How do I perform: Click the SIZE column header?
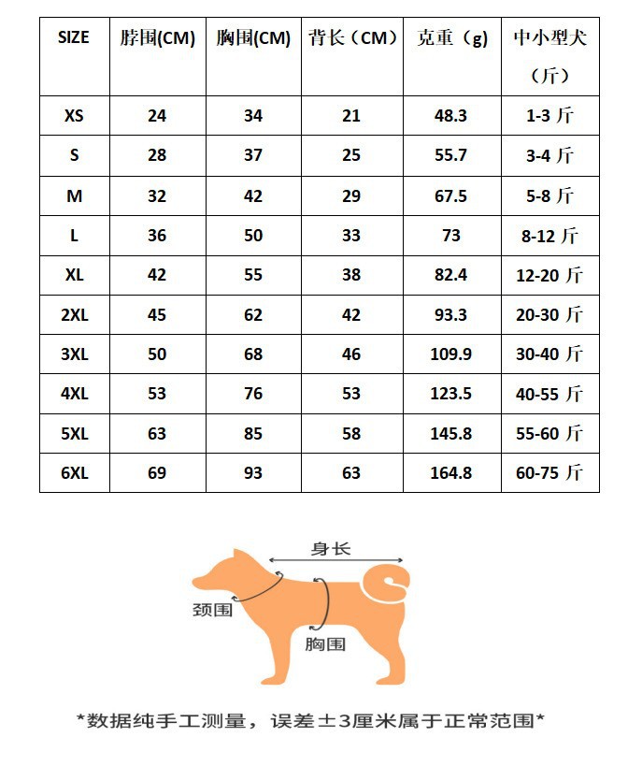(74, 38)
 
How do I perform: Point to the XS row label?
(74, 116)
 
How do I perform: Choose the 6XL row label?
(74, 473)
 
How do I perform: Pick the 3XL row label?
(74, 354)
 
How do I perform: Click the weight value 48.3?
(450, 116)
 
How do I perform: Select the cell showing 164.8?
(450, 473)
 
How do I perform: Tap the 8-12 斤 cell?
(549, 236)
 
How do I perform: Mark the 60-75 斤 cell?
(549, 473)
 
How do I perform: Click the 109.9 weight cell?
(450, 354)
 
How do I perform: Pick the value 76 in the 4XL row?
(252, 394)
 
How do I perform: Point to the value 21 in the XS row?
(350, 116)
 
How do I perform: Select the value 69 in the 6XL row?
(157, 473)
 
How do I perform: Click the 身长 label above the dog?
(331, 549)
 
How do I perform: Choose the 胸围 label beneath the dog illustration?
(325, 643)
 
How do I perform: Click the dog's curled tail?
(387, 580)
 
